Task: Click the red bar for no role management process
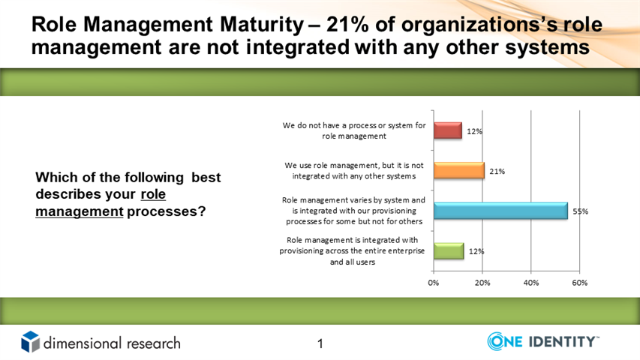tap(448, 130)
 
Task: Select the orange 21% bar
tap(458, 170)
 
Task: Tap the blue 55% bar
tap(500, 211)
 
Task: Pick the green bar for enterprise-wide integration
tap(449, 250)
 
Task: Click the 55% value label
tap(581, 211)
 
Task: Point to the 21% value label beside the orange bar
tap(497, 172)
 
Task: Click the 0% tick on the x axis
tap(434, 283)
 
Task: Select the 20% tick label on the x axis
tap(482, 283)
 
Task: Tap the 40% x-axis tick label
tap(531, 283)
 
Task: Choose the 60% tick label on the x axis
tap(579, 283)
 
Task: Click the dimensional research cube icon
tap(31, 342)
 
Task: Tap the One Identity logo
tap(543, 341)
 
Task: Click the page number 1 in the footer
tap(320, 343)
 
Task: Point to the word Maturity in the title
tap(262, 25)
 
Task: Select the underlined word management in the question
tap(80, 211)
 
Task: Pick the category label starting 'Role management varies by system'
tap(354, 211)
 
